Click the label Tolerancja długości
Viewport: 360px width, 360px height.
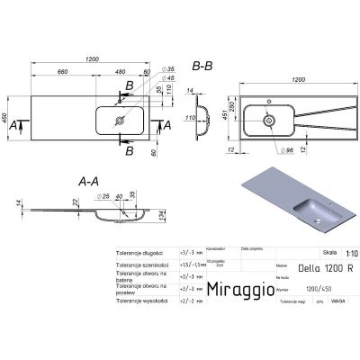148,255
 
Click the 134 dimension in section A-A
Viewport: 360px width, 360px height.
161,216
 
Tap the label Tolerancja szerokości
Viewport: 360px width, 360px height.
146,266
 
